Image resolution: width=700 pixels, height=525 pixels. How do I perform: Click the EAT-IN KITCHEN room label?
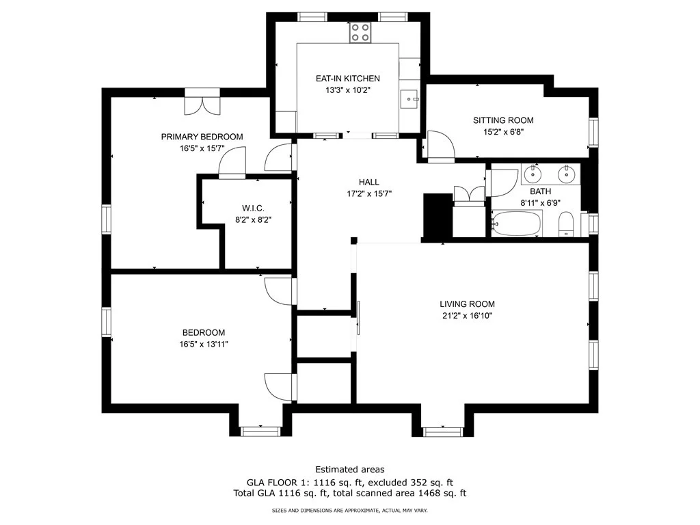pos(348,79)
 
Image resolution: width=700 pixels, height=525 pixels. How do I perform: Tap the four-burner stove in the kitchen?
pos(360,32)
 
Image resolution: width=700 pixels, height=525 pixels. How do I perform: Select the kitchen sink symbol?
pos(409,99)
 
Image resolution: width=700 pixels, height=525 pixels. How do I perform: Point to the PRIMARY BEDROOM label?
pos(202,137)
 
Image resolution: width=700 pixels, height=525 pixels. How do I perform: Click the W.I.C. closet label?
pos(253,208)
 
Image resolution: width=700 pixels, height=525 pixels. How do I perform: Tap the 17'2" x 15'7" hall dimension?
pos(369,193)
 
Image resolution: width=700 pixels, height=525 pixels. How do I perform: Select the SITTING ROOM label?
pos(503,120)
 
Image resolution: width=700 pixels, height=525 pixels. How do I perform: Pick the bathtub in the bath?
pos(517,224)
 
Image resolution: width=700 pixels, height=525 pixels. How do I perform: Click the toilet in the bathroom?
pos(566,224)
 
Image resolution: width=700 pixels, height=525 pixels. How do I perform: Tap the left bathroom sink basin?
pos(533,174)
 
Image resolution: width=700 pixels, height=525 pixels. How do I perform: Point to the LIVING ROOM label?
pos(468,304)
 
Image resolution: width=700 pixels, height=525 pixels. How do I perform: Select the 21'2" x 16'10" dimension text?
pos(467,316)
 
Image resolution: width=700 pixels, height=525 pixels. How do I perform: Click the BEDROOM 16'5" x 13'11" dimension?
pos(204,345)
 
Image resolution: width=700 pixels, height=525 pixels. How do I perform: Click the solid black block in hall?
pos(437,215)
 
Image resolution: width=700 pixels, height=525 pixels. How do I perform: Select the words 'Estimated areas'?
pos(350,470)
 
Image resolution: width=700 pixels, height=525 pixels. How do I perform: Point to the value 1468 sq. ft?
pos(442,494)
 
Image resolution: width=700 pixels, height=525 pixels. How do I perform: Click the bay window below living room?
pos(443,431)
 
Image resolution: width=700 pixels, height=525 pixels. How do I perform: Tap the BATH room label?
pos(540,191)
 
